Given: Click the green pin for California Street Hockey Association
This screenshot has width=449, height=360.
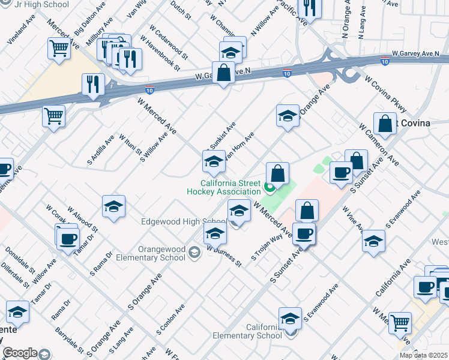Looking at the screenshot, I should point(270,188).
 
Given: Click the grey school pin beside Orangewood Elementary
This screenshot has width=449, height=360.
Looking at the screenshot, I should point(194,252).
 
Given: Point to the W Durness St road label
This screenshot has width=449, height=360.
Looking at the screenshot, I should point(224,256).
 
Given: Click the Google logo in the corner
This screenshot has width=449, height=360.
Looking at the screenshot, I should point(20,353).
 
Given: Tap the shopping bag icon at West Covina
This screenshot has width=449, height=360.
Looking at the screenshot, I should point(385,124).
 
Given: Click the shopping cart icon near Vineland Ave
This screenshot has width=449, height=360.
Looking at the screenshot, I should point(59,48).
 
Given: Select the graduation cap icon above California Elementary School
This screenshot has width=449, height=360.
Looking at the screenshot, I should point(291,318).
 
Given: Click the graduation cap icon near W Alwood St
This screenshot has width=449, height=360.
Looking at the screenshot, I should point(113,207).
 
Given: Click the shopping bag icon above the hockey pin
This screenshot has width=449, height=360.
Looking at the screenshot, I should point(277,174).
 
